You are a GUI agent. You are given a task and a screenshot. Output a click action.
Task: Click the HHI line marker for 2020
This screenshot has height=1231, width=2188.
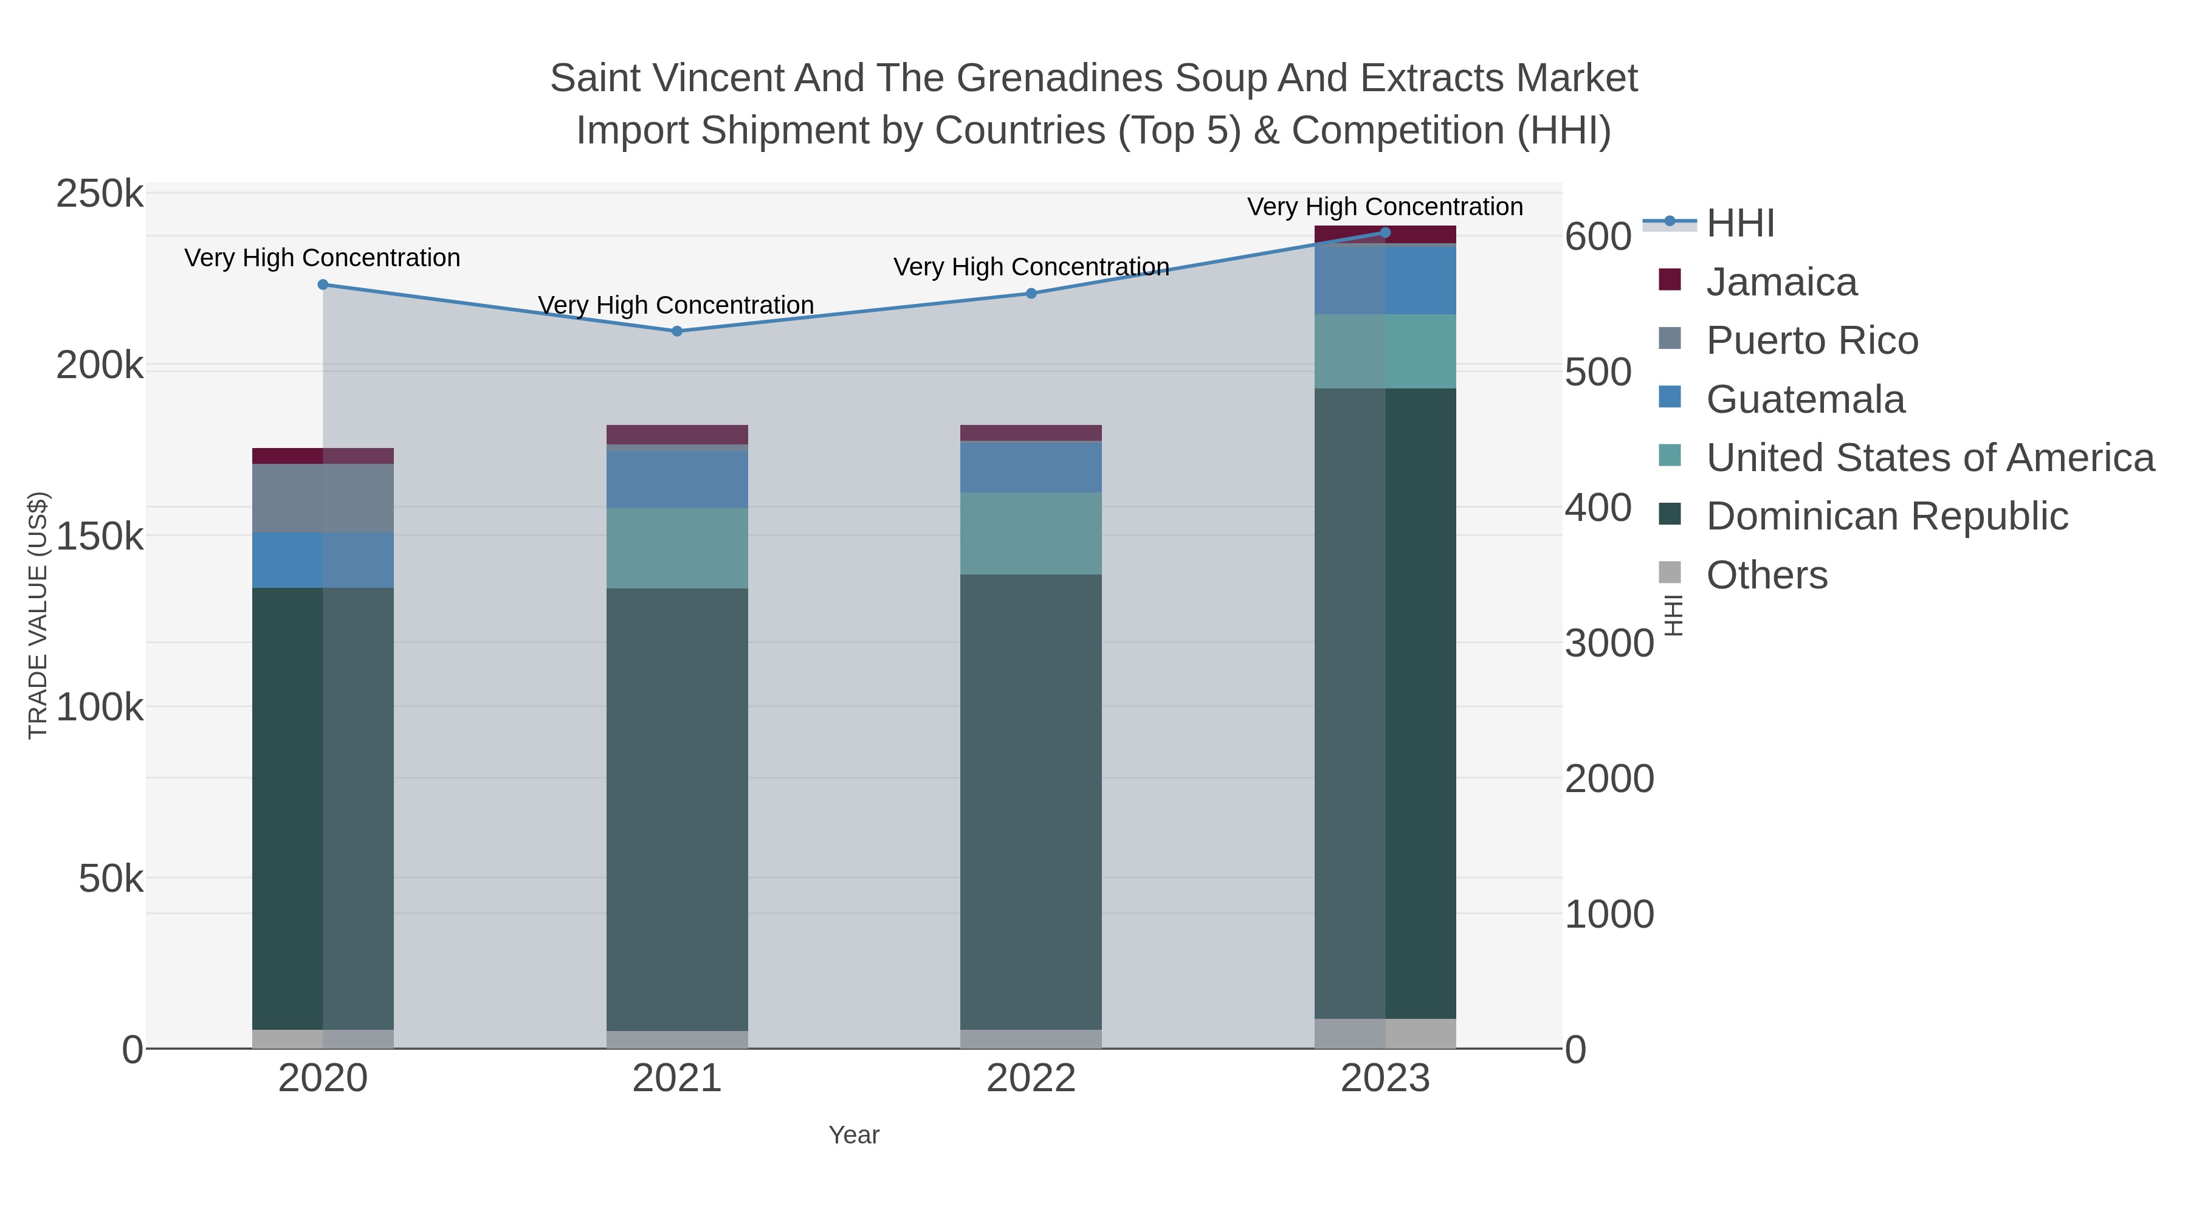click(323, 284)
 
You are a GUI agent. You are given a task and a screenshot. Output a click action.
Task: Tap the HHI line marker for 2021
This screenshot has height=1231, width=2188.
click(677, 331)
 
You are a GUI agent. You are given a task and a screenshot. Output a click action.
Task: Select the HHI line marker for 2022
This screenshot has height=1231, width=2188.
click(1031, 293)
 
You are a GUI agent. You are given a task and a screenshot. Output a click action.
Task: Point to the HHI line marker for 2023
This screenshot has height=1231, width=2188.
click(1385, 232)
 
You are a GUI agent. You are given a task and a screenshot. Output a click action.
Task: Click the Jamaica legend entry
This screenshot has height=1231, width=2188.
click(1781, 282)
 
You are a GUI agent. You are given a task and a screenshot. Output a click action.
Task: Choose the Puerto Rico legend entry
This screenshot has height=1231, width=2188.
click(1812, 340)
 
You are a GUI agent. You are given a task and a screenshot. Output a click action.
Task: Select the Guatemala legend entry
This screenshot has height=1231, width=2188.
click(1805, 399)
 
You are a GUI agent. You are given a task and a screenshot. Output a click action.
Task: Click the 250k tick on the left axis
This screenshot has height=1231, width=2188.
click(100, 194)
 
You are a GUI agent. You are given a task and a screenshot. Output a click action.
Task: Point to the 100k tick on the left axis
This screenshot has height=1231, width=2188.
click(100, 707)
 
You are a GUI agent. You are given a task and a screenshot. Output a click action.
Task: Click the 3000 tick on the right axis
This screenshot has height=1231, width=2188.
click(1609, 643)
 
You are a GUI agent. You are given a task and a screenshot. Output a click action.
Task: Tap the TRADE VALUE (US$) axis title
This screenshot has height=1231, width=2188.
click(38, 615)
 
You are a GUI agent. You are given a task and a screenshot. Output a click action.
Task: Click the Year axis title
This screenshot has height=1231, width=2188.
click(854, 1135)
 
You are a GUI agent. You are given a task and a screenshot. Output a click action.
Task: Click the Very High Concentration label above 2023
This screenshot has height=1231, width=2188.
click(1385, 207)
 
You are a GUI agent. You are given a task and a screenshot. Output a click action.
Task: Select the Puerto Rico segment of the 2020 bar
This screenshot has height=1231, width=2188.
click(323, 498)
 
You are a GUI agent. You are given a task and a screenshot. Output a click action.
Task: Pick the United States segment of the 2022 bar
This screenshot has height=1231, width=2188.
click(1031, 534)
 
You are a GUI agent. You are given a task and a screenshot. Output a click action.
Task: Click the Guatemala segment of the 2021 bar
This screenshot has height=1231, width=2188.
click(677, 478)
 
